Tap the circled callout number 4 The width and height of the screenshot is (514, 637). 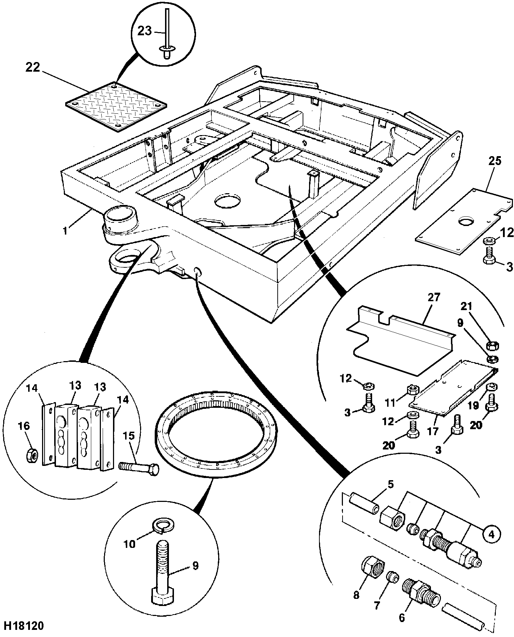(491, 534)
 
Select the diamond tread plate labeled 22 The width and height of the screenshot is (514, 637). (116, 106)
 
